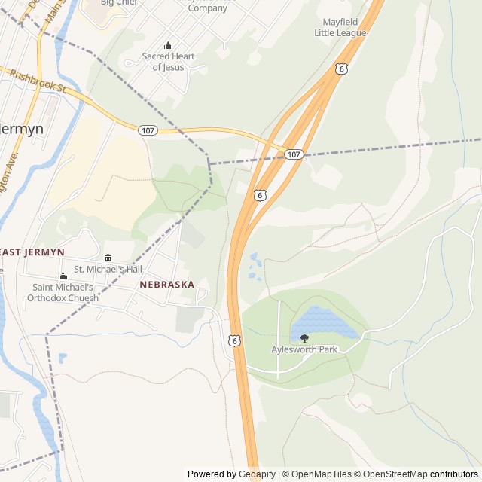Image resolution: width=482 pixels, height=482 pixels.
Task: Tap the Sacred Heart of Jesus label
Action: (168, 62)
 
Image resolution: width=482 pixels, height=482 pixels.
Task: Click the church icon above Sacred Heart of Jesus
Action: (168, 46)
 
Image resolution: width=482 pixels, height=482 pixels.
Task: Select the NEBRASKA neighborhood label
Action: (166, 285)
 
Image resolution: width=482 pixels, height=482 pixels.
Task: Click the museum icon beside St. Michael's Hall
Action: (108, 258)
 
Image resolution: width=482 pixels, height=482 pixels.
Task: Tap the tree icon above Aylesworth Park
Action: (304, 339)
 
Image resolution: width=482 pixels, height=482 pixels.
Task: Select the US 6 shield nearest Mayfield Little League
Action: (342, 69)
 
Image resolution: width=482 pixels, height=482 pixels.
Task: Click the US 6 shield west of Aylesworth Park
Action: (235, 341)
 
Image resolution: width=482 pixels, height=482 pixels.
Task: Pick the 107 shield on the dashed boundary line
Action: (294, 154)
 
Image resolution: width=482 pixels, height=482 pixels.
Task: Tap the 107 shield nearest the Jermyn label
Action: (148, 130)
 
